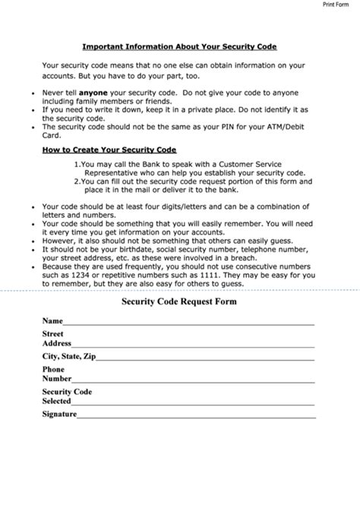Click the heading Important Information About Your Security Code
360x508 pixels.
point(178,46)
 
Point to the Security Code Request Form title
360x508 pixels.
point(178,301)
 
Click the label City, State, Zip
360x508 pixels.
point(69,356)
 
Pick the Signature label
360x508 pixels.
point(59,415)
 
